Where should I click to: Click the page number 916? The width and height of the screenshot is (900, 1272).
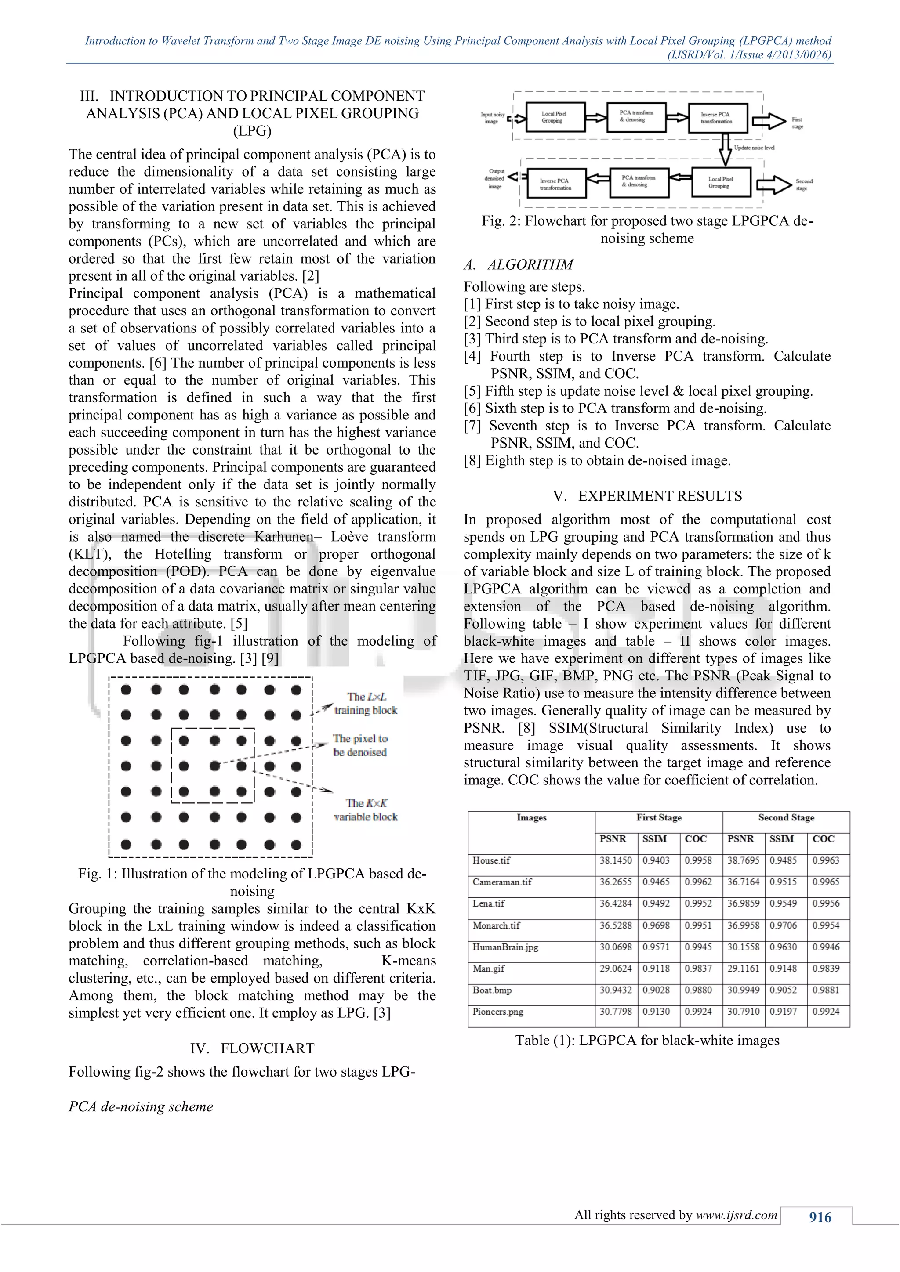(x=820, y=1217)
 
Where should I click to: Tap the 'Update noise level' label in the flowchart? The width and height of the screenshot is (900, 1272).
(x=754, y=148)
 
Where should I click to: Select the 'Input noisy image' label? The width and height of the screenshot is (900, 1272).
(x=492, y=118)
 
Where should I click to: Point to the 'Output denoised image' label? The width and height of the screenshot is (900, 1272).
(x=494, y=179)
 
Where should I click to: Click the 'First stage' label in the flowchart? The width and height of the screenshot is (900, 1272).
(x=797, y=123)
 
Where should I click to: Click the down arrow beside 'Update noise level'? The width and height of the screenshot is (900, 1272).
(x=725, y=148)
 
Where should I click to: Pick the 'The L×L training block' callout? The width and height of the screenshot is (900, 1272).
(x=366, y=704)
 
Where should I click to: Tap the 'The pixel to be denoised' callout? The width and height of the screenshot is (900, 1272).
(x=360, y=745)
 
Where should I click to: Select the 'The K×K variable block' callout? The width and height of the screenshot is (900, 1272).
(x=366, y=809)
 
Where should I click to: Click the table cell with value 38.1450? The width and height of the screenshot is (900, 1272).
(x=615, y=860)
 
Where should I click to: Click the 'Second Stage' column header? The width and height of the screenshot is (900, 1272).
(x=786, y=818)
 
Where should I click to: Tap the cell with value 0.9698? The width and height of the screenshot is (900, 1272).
(x=656, y=925)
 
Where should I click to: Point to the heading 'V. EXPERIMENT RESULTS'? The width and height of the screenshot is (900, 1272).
(x=647, y=496)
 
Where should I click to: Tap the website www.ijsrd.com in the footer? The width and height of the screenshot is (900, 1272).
(x=737, y=1215)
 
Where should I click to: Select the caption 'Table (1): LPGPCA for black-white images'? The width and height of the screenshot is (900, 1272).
(x=647, y=1041)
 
